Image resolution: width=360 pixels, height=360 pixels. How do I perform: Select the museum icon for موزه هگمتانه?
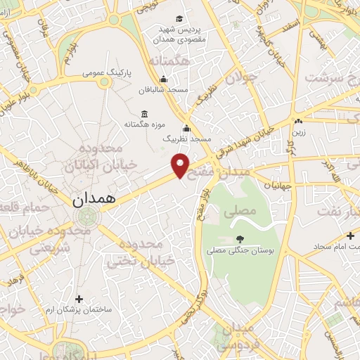coord(144,114)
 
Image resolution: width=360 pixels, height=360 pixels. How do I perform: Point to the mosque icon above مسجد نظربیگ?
coord(186,129)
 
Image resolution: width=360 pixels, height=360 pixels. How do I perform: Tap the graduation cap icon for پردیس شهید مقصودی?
coord(179,19)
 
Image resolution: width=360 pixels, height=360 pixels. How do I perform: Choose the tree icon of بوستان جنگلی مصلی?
coord(240,239)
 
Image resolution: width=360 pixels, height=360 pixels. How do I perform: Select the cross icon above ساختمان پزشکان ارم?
coord(79,299)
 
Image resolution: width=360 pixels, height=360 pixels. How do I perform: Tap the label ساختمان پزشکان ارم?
coord(79,310)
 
